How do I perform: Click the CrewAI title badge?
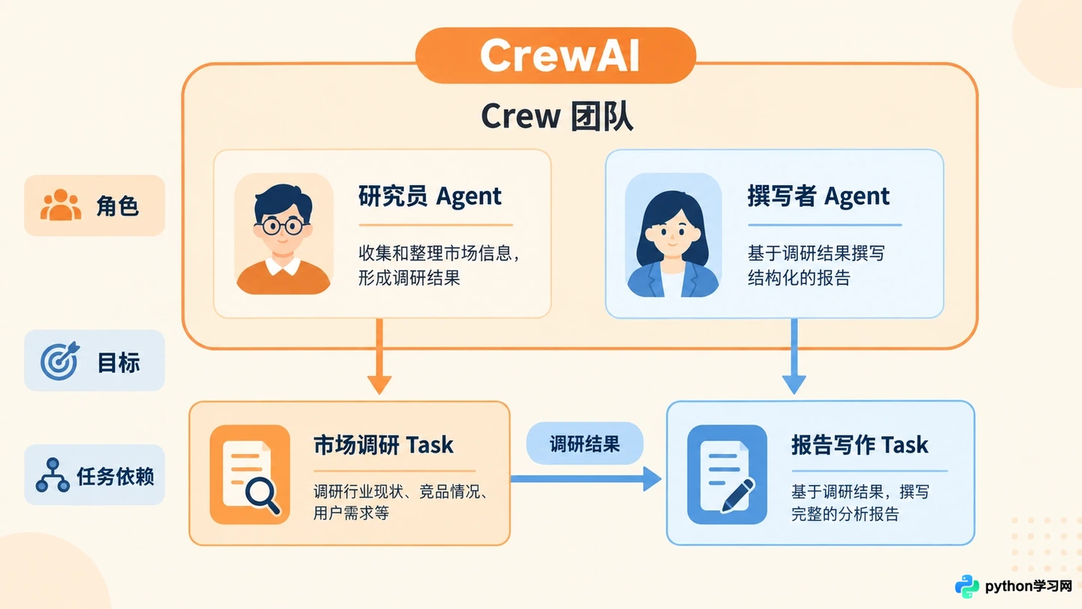555,55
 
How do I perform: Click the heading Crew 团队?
557,117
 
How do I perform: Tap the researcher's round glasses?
282,226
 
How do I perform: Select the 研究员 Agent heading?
430,196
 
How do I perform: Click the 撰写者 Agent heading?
818,196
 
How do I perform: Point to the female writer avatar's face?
673,235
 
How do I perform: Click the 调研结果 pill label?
585,444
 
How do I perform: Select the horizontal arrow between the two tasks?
586,479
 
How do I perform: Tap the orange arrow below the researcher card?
379,356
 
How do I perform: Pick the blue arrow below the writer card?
793,356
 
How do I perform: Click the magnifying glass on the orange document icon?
261,495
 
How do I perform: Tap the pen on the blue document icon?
738,495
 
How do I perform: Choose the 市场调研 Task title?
383,444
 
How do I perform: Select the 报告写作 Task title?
860,444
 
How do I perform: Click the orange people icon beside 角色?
60,205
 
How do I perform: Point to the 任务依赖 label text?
116,476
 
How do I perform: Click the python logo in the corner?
967,586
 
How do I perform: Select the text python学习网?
1029,586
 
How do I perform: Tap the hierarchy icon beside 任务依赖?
53,475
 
